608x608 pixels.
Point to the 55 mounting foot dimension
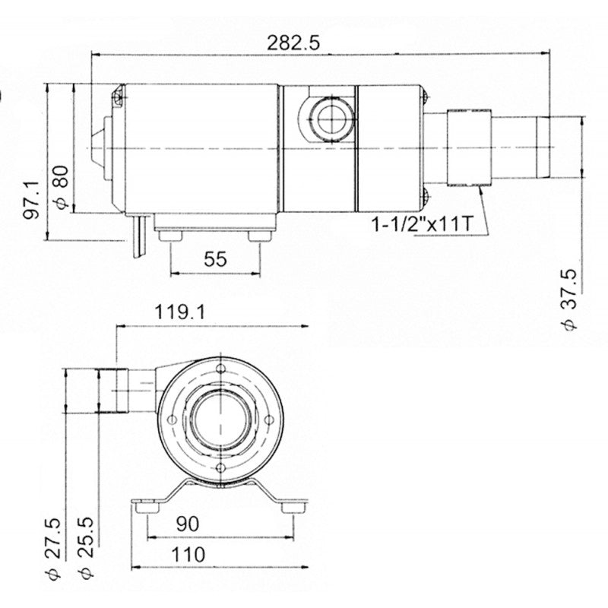(x=216, y=260)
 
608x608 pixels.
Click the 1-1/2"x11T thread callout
(x=422, y=224)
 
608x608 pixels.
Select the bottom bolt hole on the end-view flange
(x=221, y=468)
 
